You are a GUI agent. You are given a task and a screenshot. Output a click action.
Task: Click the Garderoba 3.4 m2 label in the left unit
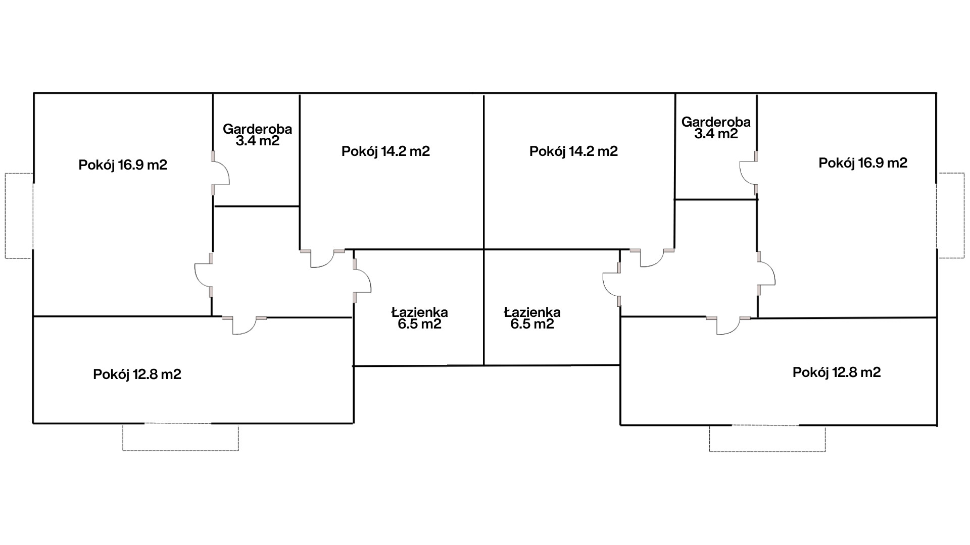point(257,135)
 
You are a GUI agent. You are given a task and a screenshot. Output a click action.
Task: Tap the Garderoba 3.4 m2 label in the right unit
point(716,128)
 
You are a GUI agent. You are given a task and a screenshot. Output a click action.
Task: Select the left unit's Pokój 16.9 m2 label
point(123,165)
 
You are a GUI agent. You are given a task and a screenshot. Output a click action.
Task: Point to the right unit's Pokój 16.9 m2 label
point(863,163)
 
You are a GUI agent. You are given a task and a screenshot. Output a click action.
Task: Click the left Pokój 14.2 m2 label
point(385,151)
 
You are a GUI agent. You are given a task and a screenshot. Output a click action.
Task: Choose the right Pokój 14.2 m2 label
point(573,151)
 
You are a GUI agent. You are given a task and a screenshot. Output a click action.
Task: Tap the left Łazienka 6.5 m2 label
point(419,318)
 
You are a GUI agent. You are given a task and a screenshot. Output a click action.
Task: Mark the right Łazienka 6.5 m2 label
point(532,318)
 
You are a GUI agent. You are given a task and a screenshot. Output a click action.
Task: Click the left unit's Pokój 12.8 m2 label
point(137,374)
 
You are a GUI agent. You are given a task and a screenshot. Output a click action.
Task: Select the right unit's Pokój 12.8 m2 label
point(837,372)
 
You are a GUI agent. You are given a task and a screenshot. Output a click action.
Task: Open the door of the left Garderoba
point(220,173)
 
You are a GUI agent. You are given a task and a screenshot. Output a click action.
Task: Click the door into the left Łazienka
point(362,279)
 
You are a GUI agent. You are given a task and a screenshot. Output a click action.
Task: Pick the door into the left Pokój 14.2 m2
point(322,258)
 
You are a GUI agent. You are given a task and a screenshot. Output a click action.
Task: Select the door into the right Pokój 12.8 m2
point(728,325)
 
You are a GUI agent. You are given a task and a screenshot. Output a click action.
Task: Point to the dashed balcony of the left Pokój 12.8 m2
point(180,437)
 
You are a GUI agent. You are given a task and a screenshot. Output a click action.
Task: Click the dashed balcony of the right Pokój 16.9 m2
point(951,215)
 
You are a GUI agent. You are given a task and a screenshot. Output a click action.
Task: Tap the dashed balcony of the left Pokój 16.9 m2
point(19,215)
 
